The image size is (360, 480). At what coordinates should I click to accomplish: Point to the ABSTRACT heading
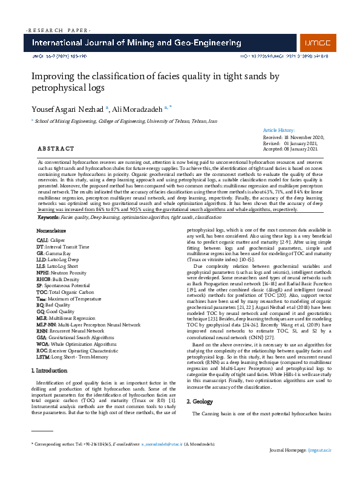tap(56, 148)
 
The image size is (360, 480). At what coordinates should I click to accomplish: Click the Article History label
tap(279, 130)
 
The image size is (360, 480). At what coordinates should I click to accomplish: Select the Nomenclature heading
tap(51, 214)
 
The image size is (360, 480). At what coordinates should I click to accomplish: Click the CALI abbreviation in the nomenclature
tap(43, 223)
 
